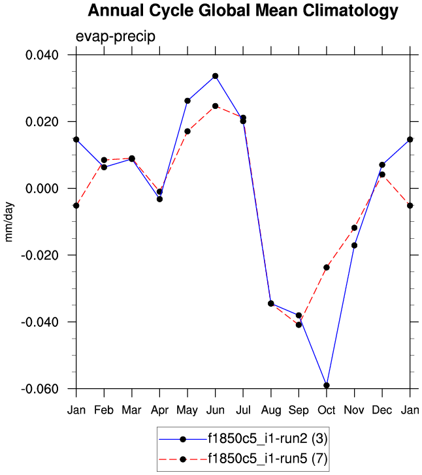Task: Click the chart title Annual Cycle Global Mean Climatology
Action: (x=243, y=11)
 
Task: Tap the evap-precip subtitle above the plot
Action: (x=115, y=37)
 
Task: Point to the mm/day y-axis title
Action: (x=9, y=222)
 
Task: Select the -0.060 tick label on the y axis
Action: (x=41, y=389)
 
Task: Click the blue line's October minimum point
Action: (x=327, y=386)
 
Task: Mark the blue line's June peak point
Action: (x=216, y=76)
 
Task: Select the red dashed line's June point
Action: (x=216, y=106)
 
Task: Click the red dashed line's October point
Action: (x=327, y=268)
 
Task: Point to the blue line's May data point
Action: (x=187, y=100)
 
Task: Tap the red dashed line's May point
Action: (x=187, y=131)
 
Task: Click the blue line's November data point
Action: (x=354, y=245)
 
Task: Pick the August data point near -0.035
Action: (x=271, y=303)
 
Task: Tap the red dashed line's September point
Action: (x=299, y=324)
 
